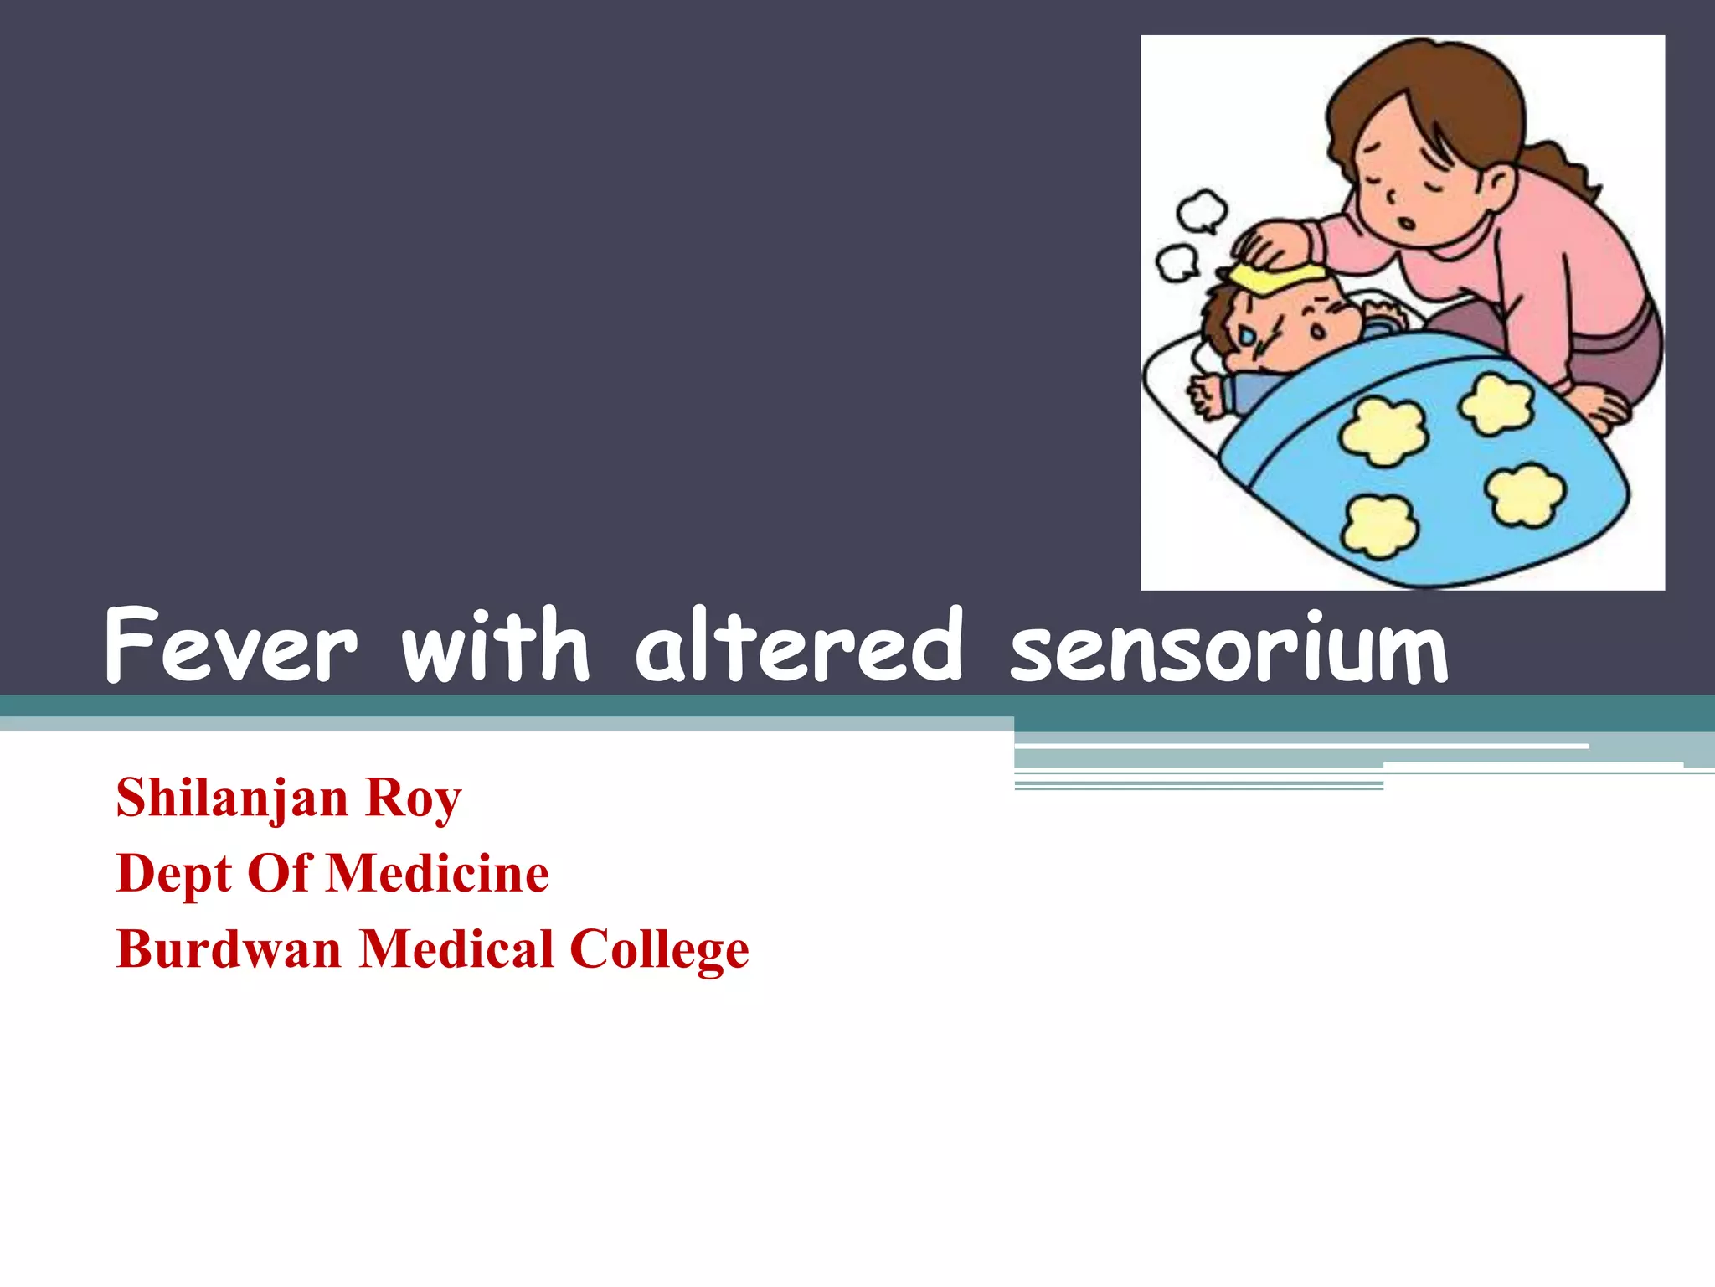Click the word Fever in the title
[231, 646]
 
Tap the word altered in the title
[799, 646]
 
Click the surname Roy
[413, 799]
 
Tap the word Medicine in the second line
[437, 874]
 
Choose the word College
[659, 951]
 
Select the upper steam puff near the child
[1203, 210]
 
